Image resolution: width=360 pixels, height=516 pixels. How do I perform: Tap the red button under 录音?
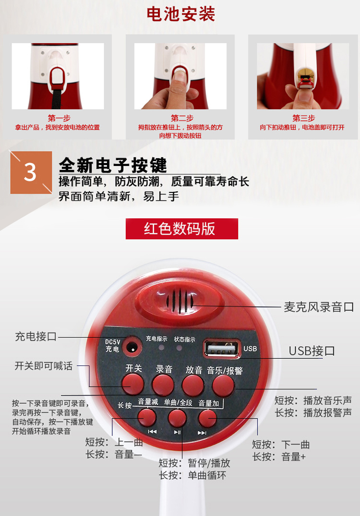pyautogui.click(x=163, y=385)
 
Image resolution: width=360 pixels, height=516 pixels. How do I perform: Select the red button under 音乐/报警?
pyautogui.click(x=223, y=386)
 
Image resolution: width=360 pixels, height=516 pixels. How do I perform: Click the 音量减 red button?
pyautogui.click(x=146, y=417)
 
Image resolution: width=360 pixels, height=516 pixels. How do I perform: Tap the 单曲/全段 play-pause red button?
pyautogui.click(x=177, y=418)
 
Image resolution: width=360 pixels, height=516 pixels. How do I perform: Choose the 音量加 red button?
pyautogui.click(x=207, y=418)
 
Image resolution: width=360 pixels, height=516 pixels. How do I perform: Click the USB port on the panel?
pyautogui.click(x=222, y=349)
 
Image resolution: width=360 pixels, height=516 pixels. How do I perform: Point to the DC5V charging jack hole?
pyautogui.click(x=132, y=347)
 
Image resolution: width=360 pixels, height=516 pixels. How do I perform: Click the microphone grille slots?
pyautogui.click(x=180, y=301)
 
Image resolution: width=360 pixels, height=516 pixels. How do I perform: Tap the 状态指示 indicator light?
pyautogui.click(x=179, y=348)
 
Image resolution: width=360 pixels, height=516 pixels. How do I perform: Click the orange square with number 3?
pyautogui.click(x=31, y=172)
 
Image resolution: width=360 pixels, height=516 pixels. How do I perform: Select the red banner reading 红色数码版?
pyautogui.click(x=182, y=229)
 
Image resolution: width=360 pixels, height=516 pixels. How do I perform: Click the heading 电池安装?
pyautogui.click(x=180, y=14)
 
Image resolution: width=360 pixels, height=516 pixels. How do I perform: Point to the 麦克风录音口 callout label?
pyautogui.click(x=319, y=307)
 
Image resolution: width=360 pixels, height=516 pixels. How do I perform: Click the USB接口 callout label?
pyautogui.click(x=312, y=351)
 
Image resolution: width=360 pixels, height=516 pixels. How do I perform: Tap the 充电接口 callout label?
pyautogui.click(x=36, y=337)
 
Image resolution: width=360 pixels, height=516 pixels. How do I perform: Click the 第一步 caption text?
pyautogui.click(x=59, y=118)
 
